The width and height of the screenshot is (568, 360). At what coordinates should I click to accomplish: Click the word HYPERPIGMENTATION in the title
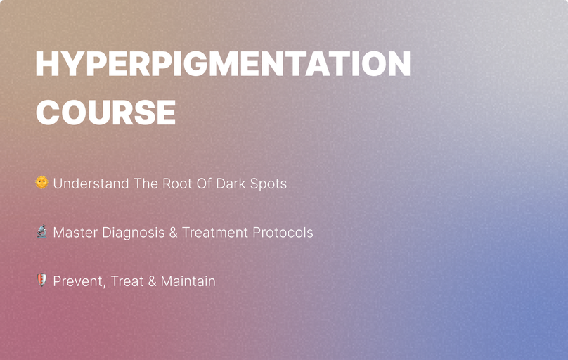coord(223,65)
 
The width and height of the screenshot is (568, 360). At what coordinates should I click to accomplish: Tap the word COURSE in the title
coord(105,112)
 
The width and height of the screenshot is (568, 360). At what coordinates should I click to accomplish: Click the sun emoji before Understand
coord(41,183)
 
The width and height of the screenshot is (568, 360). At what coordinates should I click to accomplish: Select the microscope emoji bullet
coord(41,231)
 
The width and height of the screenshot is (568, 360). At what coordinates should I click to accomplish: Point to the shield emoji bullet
coord(41,281)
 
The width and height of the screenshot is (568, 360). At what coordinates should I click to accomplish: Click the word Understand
coord(91,184)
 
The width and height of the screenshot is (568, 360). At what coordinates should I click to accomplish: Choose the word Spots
coord(269,184)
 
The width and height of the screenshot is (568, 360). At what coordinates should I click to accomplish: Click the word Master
coord(75,232)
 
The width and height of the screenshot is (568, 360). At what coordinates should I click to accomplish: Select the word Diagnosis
coord(133,233)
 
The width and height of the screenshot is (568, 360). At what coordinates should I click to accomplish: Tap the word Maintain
coord(188,281)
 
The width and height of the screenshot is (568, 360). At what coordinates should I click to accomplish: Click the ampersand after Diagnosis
coord(173,232)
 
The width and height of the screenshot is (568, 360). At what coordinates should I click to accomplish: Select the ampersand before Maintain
coord(152,281)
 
